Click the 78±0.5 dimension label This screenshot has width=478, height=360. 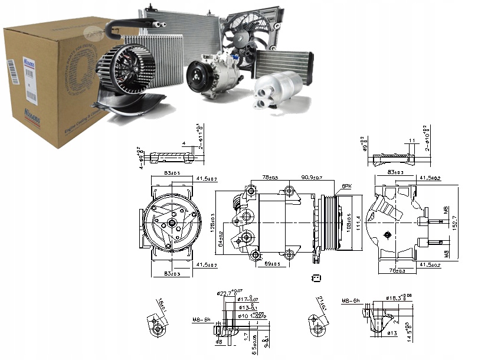click(270, 177)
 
